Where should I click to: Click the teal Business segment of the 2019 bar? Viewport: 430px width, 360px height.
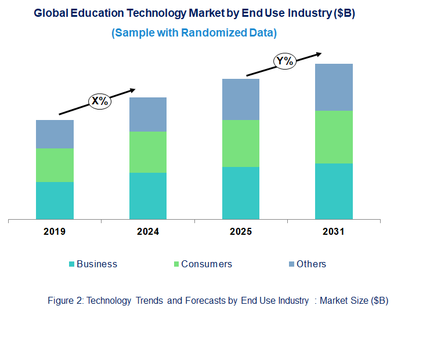(55, 201)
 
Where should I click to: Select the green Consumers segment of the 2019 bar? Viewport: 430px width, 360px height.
(55, 165)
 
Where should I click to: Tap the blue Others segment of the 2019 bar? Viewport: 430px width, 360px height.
(55, 134)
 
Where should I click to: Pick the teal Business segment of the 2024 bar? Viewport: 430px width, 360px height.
(147, 196)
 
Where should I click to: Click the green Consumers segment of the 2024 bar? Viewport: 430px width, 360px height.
(147, 152)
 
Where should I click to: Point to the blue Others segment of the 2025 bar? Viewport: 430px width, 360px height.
(240, 99)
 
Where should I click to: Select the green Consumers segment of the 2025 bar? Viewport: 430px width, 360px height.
(240, 143)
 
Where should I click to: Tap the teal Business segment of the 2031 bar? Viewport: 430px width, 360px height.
(334, 191)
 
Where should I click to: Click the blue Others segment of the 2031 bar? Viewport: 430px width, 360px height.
(334, 87)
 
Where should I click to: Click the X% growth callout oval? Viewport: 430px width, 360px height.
(99, 101)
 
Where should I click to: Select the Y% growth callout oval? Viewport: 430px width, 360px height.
(285, 60)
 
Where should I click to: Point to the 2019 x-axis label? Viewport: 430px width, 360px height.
(55, 232)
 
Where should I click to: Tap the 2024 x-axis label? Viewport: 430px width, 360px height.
(147, 232)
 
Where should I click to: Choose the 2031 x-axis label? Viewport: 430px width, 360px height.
(334, 232)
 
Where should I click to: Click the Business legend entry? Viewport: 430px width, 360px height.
(93, 264)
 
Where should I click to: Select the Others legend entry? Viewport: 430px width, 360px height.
(307, 264)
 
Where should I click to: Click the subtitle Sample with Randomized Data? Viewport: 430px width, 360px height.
(194, 33)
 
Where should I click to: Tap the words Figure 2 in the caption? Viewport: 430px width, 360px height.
(65, 300)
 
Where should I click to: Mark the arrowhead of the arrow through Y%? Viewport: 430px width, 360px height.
(318, 54)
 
